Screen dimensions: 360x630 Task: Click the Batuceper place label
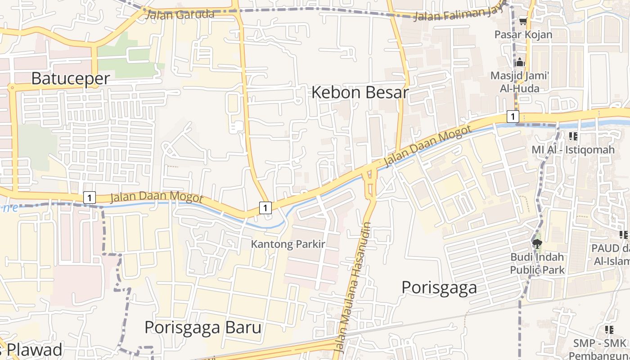(x=70, y=78)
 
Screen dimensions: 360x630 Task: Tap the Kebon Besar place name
(x=360, y=92)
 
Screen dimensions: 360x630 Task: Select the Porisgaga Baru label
(x=202, y=327)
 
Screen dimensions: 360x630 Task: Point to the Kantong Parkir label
(x=288, y=244)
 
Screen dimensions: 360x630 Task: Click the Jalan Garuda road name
(x=180, y=14)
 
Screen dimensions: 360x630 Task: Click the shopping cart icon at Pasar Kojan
(x=523, y=21)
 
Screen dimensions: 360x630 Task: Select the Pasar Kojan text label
(x=523, y=35)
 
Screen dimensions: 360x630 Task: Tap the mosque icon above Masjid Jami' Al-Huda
(x=521, y=62)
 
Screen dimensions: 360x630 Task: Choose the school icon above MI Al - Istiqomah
(x=573, y=136)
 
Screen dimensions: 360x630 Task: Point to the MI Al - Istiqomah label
(x=573, y=150)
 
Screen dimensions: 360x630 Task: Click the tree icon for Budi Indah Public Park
(x=536, y=243)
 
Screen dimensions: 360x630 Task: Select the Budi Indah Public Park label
(x=537, y=263)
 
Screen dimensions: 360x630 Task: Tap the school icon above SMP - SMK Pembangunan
(x=609, y=329)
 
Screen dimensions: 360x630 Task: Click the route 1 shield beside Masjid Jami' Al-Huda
(x=513, y=117)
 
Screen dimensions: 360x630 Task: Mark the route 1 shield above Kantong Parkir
(x=265, y=207)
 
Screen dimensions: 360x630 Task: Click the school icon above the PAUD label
(x=623, y=234)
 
